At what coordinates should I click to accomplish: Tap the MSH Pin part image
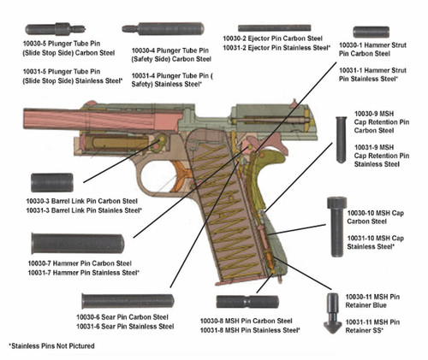point(243,302)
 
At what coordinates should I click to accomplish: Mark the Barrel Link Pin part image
point(56,183)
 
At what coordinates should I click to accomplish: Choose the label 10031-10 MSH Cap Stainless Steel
point(373,242)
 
